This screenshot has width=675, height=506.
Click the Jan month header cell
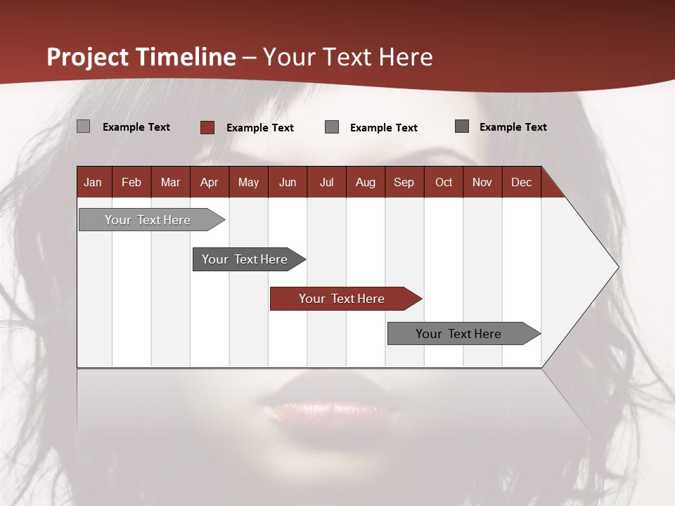(x=94, y=182)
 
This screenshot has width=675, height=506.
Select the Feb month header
(x=131, y=182)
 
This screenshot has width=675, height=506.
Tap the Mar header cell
(x=170, y=182)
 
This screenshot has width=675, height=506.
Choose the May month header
(x=248, y=182)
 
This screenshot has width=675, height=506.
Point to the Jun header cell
(x=288, y=182)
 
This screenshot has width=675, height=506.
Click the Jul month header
(x=326, y=182)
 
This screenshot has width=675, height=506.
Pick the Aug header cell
(x=366, y=182)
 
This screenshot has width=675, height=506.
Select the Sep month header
(x=404, y=182)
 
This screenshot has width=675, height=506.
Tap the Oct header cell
(x=444, y=182)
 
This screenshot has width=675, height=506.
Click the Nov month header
(x=482, y=182)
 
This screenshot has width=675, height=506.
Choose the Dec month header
(x=522, y=182)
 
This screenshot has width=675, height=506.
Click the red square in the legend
(x=207, y=127)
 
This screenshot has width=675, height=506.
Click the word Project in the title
(x=87, y=57)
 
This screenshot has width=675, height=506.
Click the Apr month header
(x=210, y=182)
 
